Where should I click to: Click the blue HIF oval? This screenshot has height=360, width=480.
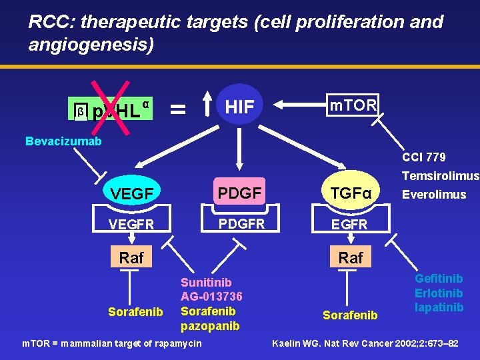[x=240, y=106]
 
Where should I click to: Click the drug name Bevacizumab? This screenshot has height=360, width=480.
[x=63, y=141]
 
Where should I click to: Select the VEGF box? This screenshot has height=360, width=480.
[x=132, y=193]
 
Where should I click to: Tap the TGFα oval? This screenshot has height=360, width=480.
[x=351, y=193]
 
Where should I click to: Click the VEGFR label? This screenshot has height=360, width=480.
[x=132, y=224]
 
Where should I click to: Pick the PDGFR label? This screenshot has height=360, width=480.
[x=242, y=223]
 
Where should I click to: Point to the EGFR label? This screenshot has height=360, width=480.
[x=351, y=225]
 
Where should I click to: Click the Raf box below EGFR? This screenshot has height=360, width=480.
[x=351, y=257]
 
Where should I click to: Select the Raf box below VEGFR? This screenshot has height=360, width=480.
[x=131, y=257]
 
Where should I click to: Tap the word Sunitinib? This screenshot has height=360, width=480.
[x=206, y=283]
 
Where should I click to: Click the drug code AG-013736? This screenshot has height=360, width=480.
[x=211, y=297]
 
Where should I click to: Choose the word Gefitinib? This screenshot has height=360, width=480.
[x=439, y=279]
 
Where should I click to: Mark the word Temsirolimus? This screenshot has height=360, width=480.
[x=440, y=177]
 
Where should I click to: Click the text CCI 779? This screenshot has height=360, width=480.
[x=423, y=157]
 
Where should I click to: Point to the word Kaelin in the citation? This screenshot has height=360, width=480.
[x=287, y=343]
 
